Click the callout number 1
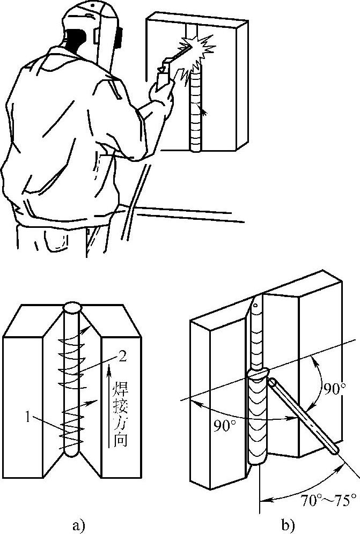[30, 417]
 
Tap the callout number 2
[122, 357]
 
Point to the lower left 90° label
[225, 426]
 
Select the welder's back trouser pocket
[56, 241]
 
